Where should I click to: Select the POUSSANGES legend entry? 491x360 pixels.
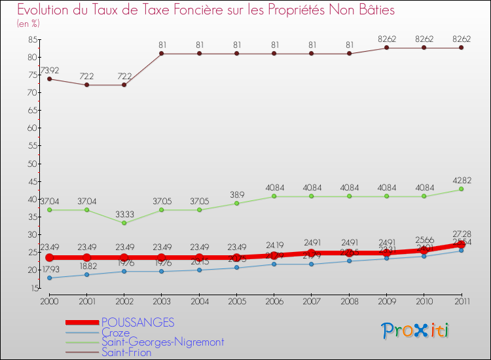137,322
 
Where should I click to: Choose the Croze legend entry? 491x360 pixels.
115,333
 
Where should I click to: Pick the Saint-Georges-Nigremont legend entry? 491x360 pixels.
162,342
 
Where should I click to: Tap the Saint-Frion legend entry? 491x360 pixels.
126,352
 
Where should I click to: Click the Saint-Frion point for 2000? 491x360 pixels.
49,79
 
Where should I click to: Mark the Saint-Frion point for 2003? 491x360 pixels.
162,54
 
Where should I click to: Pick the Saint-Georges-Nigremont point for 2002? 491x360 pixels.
124,223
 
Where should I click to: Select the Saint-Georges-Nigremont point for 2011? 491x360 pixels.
461,189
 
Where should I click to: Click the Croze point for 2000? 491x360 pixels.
49,278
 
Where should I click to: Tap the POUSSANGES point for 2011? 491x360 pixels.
461,244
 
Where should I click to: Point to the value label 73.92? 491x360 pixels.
50,69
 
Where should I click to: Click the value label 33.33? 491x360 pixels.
124,213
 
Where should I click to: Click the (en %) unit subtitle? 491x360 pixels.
28,24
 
